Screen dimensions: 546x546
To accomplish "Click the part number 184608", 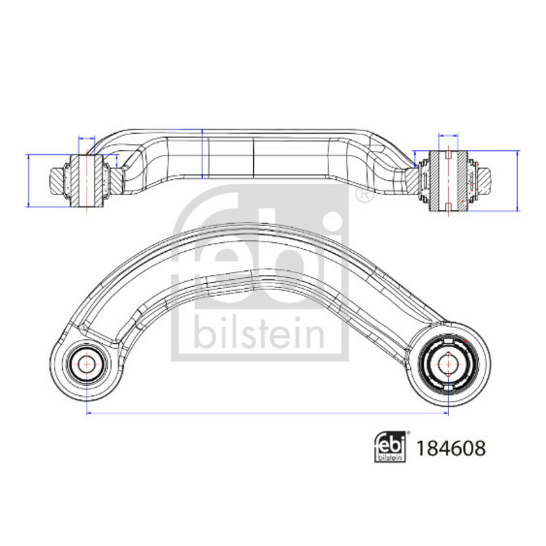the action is tap(451, 448).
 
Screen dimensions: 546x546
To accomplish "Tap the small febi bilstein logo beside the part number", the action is tap(390, 447).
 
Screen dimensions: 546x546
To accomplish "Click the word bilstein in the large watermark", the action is tap(259, 332).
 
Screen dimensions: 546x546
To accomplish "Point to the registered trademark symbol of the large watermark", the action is tap(364, 195).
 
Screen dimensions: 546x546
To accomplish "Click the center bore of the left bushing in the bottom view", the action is tap(86, 364).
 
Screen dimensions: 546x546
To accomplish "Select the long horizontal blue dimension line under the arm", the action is tap(268, 414).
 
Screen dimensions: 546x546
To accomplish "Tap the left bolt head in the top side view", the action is tap(57, 181).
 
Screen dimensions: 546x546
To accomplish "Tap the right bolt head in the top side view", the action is tap(484, 181).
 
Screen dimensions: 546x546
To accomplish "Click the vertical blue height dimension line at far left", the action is tap(28, 181).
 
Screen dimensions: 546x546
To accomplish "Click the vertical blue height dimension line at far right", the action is tap(517, 181).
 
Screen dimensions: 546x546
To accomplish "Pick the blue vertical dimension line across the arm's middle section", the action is tap(202, 154).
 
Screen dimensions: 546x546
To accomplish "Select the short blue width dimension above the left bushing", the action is tap(87, 139).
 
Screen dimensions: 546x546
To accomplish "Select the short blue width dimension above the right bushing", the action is tap(448, 135).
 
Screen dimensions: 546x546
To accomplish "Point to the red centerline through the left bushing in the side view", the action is tap(87, 180).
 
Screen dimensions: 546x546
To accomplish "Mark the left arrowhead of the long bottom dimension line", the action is tap(89, 414).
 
